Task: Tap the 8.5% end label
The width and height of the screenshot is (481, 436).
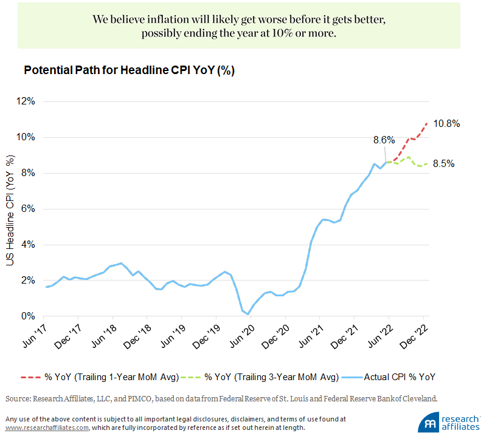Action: (443, 163)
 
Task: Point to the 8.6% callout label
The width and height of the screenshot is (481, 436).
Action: (385, 140)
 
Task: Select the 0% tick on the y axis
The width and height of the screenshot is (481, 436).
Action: (29, 316)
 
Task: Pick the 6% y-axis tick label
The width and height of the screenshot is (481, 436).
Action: (29, 209)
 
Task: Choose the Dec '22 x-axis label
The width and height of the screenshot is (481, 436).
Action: (417, 335)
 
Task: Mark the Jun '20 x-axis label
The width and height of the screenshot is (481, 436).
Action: (244, 335)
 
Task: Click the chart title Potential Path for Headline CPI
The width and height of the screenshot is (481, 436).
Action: (129, 70)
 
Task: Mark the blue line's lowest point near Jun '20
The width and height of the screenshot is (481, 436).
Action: (248, 314)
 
